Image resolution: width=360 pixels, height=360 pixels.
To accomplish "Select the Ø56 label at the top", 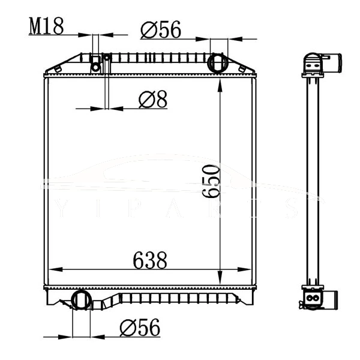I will pyautogui.click(x=160, y=29).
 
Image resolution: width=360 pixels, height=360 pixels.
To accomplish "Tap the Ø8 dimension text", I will pyautogui.click(x=152, y=100).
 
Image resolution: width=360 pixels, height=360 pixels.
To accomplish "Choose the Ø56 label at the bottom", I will pyautogui.click(x=140, y=327).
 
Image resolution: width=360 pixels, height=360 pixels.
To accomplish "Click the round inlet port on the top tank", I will pyautogui.click(x=217, y=62).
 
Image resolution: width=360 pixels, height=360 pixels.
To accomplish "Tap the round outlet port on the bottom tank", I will pyautogui.click(x=80, y=299).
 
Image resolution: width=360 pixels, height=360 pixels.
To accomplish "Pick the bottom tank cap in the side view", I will pyautogui.click(x=313, y=297).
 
